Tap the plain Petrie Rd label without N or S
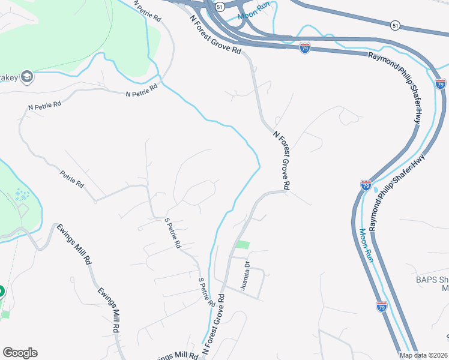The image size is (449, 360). (72, 179)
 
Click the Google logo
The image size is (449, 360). (20, 353)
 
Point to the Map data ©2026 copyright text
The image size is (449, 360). (423, 355)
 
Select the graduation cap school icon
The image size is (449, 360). (26, 77)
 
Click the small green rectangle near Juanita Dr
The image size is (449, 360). (243, 245)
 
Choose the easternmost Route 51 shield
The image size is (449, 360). (394, 25)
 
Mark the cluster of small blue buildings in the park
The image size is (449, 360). (22, 195)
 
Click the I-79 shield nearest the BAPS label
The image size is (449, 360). (382, 307)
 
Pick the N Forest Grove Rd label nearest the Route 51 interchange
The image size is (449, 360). (215, 35)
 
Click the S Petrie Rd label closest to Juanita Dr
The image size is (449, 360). (206, 292)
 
